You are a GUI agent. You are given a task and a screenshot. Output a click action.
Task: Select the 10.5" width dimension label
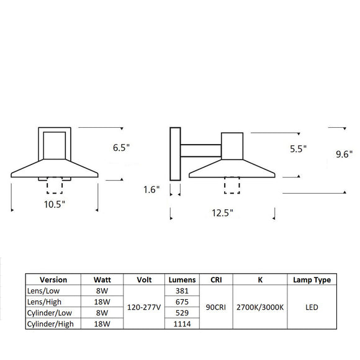click(54, 203)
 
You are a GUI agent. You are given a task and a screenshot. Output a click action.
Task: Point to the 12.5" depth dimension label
click(222, 213)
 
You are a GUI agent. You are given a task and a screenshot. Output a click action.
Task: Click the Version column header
click(53, 280)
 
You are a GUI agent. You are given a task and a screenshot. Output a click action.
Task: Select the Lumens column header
click(181, 280)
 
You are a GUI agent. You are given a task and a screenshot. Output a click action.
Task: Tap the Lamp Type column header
click(312, 280)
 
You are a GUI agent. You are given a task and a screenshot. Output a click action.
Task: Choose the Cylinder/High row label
click(49, 324)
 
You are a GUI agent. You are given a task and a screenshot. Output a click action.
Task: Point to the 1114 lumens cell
click(181, 324)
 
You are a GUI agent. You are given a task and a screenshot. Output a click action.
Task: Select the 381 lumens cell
click(181, 290)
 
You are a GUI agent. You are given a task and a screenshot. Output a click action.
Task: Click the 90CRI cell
click(215, 307)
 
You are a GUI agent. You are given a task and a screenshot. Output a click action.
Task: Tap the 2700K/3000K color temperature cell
click(260, 307)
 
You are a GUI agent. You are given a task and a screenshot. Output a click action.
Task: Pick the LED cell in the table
click(312, 307)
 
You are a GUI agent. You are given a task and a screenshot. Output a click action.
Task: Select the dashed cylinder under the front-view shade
click(54, 186)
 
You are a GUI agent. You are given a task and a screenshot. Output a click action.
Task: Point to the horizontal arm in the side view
click(201, 150)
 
